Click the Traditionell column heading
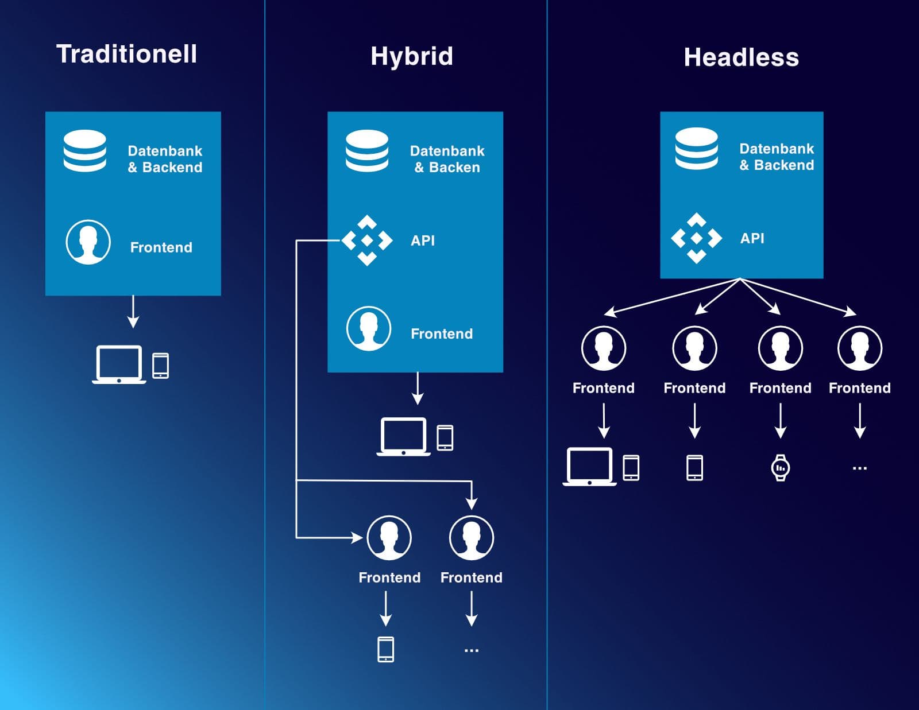point(126,54)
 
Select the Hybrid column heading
point(411,56)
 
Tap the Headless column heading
point(741,57)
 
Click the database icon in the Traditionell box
point(85,150)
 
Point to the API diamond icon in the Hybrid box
point(367,240)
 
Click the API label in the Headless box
point(752,238)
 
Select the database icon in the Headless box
point(696,149)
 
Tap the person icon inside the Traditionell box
point(88,242)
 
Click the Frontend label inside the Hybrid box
point(441,333)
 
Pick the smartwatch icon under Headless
point(780,467)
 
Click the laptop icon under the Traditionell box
point(119,364)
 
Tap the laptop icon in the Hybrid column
point(403,437)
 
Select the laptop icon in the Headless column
point(589,467)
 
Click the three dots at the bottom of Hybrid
point(471,650)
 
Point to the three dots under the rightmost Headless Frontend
point(859,468)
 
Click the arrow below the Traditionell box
point(133,312)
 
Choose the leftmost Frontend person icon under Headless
point(603,348)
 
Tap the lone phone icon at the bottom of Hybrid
point(385,649)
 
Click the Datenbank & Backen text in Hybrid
point(447,159)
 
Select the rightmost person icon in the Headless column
point(859,348)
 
